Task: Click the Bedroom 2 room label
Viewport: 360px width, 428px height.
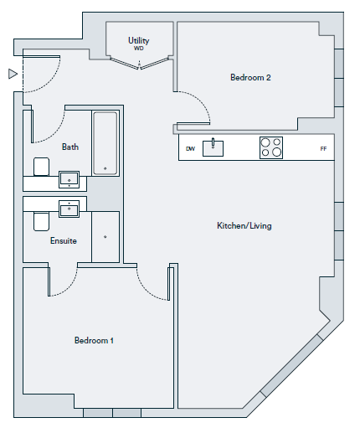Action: tap(250, 77)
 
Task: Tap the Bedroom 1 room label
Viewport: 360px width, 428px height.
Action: tap(94, 340)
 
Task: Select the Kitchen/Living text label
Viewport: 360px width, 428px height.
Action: tap(244, 225)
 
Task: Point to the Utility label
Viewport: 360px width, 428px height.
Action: tap(138, 41)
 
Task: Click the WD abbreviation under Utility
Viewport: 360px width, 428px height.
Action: tap(138, 49)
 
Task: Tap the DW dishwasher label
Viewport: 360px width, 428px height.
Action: tap(190, 148)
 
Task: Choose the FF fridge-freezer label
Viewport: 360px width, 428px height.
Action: tap(323, 149)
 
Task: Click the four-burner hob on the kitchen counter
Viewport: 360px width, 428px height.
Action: tap(271, 147)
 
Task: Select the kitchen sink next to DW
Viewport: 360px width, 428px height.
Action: tap(213, 148)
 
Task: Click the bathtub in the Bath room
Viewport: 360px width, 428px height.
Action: tap(105, 143)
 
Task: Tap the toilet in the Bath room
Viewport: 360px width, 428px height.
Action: tap(42, 167)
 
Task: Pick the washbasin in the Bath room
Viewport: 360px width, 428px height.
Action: tap(69, 179)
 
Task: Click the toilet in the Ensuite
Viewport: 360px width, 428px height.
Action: tap(42, 222)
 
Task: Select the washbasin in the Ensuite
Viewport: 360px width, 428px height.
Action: tap(69, 209)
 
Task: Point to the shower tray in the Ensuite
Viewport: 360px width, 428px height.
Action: tap(105, 237)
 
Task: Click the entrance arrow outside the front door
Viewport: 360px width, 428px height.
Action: tap(13, 74)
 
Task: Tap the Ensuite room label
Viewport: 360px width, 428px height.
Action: tap(64, 240)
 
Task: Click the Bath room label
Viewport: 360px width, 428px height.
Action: tap(70, 147)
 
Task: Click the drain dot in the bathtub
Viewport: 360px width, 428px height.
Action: tap(105, 168)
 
